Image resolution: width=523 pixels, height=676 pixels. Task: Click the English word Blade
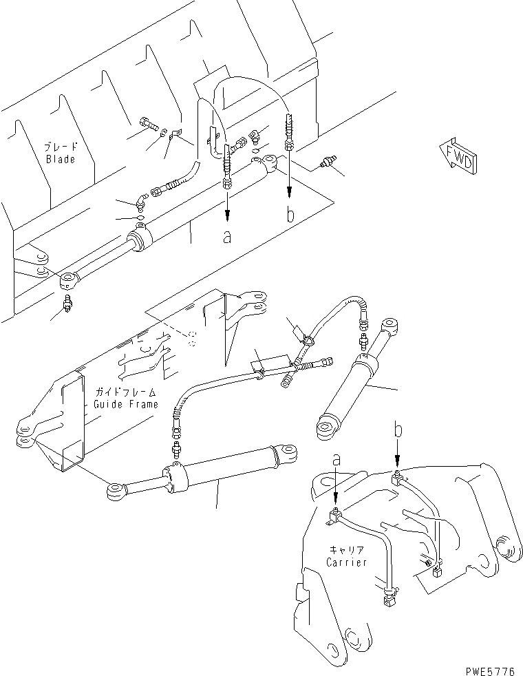pos(61,159)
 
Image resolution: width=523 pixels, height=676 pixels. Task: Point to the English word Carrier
pos(347,562)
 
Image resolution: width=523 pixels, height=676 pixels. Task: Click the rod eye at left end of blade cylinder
pos(69,280)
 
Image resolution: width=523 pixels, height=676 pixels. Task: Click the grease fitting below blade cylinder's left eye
pos(69,304)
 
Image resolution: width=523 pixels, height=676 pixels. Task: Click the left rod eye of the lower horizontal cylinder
pos(114,491)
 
